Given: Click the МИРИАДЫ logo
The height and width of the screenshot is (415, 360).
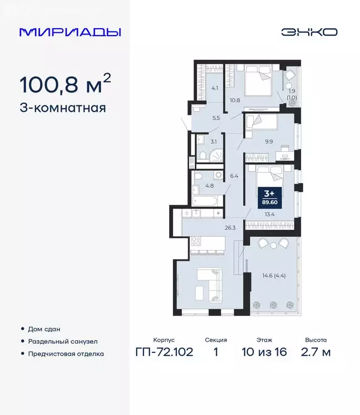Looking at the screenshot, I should click(x=70, y=32).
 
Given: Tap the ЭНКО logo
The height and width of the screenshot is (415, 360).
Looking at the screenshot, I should click(x=309, y=32).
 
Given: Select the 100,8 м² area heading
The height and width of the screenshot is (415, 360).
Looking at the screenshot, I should click(x=65, y=84).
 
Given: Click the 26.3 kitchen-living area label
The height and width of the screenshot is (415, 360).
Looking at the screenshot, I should click(x=231, y=227).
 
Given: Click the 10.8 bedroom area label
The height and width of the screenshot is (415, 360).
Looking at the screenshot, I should click(x=235, y=100).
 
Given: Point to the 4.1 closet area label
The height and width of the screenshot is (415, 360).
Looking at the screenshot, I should click(x=215, y=88).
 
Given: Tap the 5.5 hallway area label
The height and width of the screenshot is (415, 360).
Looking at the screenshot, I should click(x=216, y=117).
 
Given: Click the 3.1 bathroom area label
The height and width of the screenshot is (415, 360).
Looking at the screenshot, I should click(x=214, y=142).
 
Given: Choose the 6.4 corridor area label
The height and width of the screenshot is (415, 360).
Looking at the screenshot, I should click(x=234, y=176).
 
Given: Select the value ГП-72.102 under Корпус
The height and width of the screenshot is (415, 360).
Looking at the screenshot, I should click(x=164, y=353).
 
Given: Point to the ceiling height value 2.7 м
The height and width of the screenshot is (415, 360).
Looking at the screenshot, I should click(x=315, y=353).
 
